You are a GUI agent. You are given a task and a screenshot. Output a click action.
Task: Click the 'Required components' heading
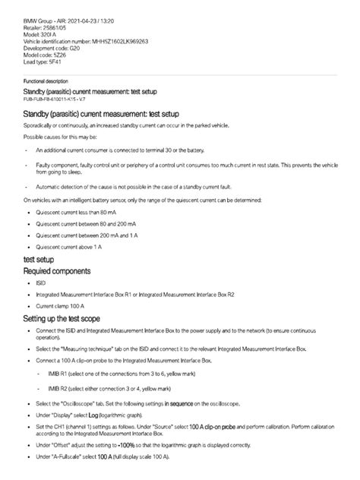[58, 270]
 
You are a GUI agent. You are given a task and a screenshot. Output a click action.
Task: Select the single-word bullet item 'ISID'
[40, 283]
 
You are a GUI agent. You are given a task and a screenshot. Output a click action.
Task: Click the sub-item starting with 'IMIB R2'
[118, 388]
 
